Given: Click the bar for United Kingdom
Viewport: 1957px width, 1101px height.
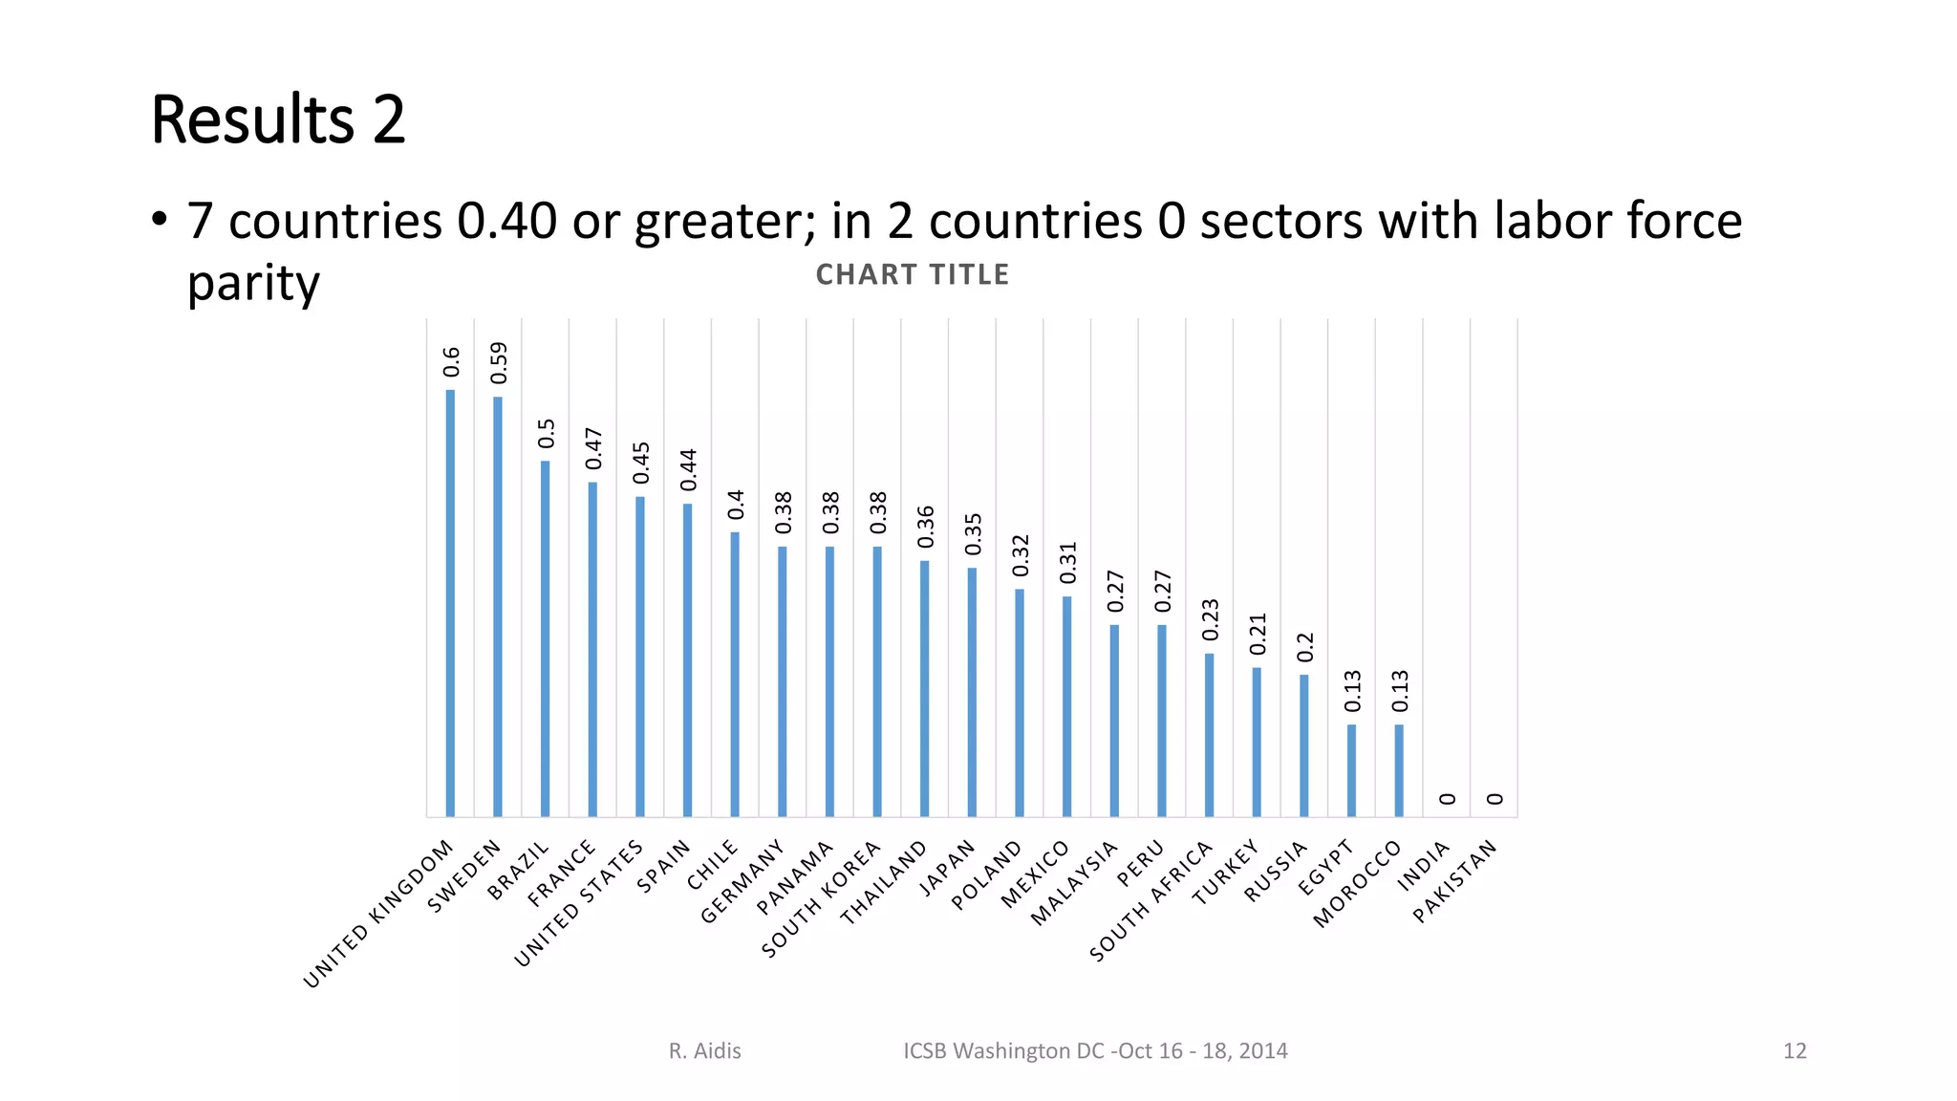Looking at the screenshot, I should coord(450,603).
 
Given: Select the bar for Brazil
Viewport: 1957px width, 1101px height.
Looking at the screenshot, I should coord(545,638).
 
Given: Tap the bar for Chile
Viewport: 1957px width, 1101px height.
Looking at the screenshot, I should coord(735,674).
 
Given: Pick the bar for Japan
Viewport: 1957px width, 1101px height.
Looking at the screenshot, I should coord(972,692).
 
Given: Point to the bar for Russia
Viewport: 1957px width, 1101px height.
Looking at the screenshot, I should coord(1303,745).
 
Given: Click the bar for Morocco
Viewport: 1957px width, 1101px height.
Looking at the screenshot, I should coord(1399,770).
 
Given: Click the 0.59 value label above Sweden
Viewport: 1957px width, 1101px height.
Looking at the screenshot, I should coord(499,363).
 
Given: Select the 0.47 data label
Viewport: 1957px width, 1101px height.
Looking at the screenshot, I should coord(593,448).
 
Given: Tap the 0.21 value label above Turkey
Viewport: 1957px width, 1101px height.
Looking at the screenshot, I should coord(1258,634).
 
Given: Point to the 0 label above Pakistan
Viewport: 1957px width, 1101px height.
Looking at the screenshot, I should coord(1495,799).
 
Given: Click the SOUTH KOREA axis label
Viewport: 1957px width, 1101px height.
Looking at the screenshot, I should coord(822,900).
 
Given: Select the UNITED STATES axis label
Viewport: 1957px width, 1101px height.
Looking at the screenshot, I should coord(579,904).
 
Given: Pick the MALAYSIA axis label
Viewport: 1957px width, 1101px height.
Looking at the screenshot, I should coord(1074,883).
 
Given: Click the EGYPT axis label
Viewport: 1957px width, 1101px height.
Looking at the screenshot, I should coord(1325,867).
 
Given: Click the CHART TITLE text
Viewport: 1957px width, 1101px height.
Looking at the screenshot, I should coord(913,275).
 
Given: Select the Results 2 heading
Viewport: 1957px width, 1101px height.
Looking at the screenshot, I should coord(278,120).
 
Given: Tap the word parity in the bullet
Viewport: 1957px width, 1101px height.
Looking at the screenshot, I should coord(253,284).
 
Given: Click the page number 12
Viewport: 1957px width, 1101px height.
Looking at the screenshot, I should coord(1795,1051).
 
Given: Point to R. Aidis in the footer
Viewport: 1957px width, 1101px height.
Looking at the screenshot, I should coord(704,1051).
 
